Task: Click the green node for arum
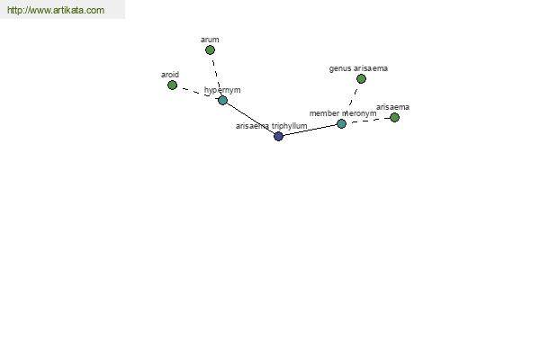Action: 210,50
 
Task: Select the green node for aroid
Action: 172,85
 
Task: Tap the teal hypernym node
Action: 223,100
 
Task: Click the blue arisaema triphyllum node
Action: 279,137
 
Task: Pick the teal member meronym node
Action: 341,123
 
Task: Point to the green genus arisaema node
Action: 361,79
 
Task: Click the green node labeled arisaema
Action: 395,118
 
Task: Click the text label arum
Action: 210,40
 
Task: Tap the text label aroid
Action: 170,75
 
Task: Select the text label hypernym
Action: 222,90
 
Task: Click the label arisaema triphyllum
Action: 272,126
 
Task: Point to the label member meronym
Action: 343,113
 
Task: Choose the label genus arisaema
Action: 358,68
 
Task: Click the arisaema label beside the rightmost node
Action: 393,107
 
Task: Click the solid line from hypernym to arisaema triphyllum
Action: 251,118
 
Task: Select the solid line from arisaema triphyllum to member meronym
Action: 310,130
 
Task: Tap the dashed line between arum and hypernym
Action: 217,76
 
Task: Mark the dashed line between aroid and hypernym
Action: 198,93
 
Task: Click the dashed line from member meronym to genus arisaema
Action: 354,96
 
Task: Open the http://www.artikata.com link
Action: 56,10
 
